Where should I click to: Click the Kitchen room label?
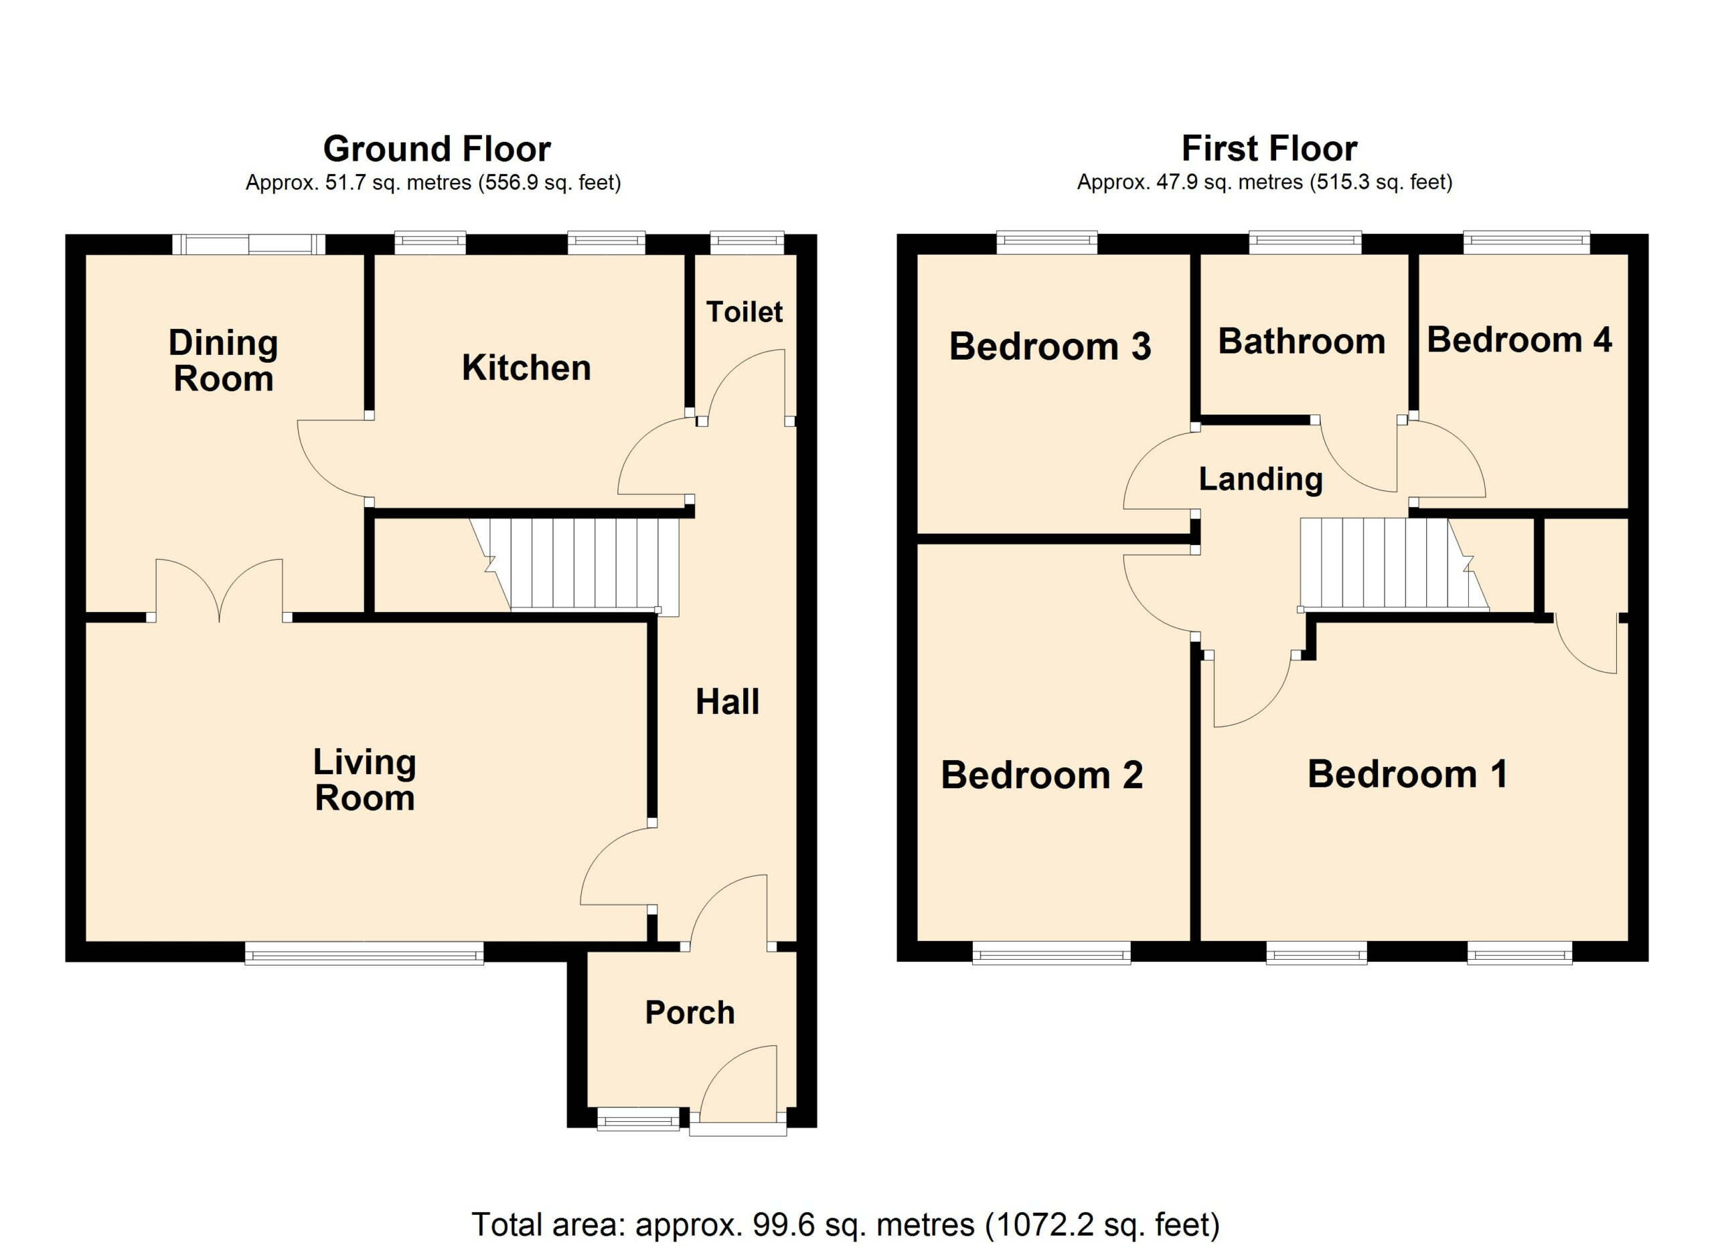(526, 368)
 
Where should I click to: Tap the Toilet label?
(745, 311)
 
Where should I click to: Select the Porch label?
(689, 1013)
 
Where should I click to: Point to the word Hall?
(727, 702)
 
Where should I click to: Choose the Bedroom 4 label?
(1519, 340)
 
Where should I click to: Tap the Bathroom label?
(1302, 342)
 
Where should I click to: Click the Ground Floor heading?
(437, 149)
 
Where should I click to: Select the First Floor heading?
(1269, 149)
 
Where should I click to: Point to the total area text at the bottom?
(846, 1224)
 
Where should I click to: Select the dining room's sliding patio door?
(248, 244)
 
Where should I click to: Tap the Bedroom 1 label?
(1407, 775)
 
